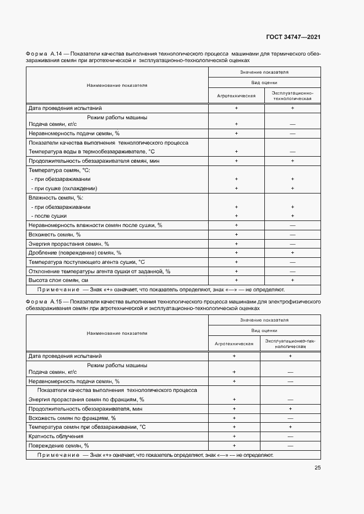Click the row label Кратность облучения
coord(54,436)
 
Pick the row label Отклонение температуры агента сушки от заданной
coord(99,271)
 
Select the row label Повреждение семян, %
coord(58,445)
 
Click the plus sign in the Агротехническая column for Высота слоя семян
coord(236,280)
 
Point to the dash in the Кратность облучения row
coord(290,436)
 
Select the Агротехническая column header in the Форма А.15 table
coord(234,344)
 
